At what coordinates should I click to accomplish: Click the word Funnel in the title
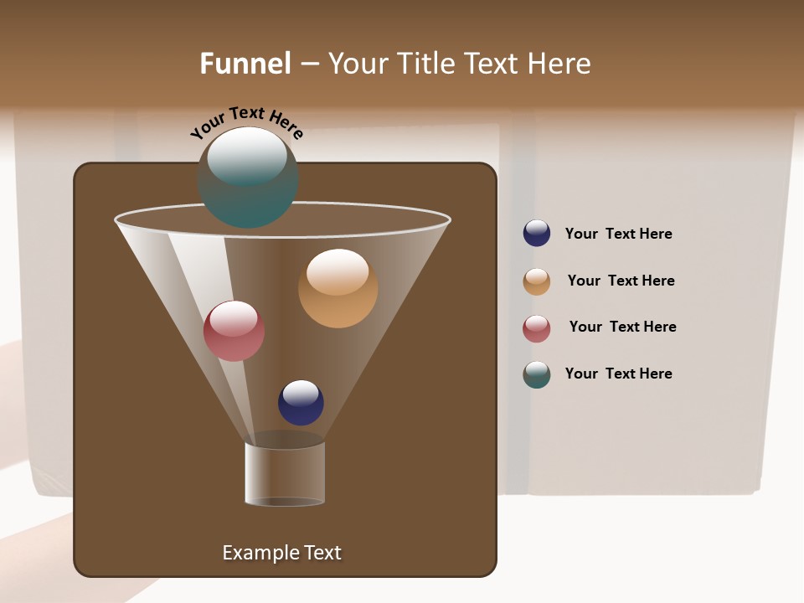pyautogui.click(x=245, y=64)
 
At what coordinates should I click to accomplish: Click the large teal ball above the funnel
pyautogui.click(x=248, y=178)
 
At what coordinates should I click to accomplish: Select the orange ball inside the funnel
pyautogui.click(x=338, y=288)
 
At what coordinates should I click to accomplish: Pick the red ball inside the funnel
pyautogui.click(x=234, y=331)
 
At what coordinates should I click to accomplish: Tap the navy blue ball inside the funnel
pyautogui.click(x=301, y=403)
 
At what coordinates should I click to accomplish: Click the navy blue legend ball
pyautogui.click(x=537, y=233)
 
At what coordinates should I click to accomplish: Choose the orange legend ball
pyautogui.click(x=537, y=281)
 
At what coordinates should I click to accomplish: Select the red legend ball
pyautogui.click(x=537, y=328)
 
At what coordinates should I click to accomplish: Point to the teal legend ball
pyautogui.click(x=537, y=374)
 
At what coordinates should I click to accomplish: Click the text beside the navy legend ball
pyautogui.click(x=618, y=234)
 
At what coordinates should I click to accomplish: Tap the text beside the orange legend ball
pyautogui.click(x=621, y=281)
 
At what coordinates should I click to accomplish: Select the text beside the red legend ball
pyautogui.click(x=622, y=327)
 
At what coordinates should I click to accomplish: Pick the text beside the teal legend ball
pyautogui.click(x=618, y=374)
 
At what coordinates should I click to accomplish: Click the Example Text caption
pyautogui.click(x=281, y=553)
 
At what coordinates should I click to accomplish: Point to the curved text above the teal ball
pyautogui.click(x=246, y=121)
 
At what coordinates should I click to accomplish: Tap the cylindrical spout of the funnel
pyautogui.click(x=285, y=473)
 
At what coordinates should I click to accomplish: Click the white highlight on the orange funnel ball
pyautogui.click(x=338, y=272)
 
